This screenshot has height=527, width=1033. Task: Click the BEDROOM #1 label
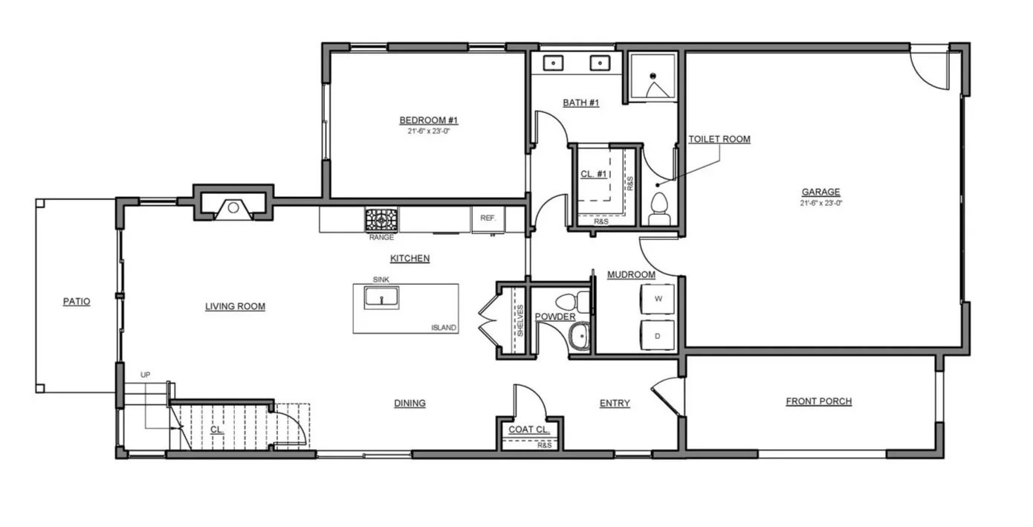[x=428, y=120]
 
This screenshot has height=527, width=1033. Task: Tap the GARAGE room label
[x=821, y=192]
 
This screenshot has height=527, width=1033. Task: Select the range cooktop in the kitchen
[x=381, y=220]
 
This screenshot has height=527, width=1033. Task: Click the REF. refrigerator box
[x=488, y=219]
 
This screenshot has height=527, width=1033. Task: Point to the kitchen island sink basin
[x=381, y=298]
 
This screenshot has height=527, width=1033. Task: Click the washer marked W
[x=658, y=299]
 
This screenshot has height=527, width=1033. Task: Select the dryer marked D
[x=658, y=336]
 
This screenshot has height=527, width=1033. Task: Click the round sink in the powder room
[x=579, y=336]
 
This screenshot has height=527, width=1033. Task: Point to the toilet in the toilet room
[x=659, y=210]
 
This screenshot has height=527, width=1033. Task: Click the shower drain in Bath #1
[x=652, y=76]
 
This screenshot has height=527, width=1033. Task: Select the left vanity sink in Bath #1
[x=553, y=62]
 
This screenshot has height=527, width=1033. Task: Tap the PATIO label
[x=77, y=302]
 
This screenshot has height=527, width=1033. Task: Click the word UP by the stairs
[x=145, y=375]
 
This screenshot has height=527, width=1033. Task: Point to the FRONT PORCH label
[x=818, y=401]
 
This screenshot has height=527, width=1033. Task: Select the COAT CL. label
[x=529, y=430]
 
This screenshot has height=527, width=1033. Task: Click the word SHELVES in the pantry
[x=520, y=320]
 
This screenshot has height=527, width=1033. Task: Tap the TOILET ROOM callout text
[x=719, y=139]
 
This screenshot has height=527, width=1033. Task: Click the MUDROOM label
[x=632, y=275]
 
